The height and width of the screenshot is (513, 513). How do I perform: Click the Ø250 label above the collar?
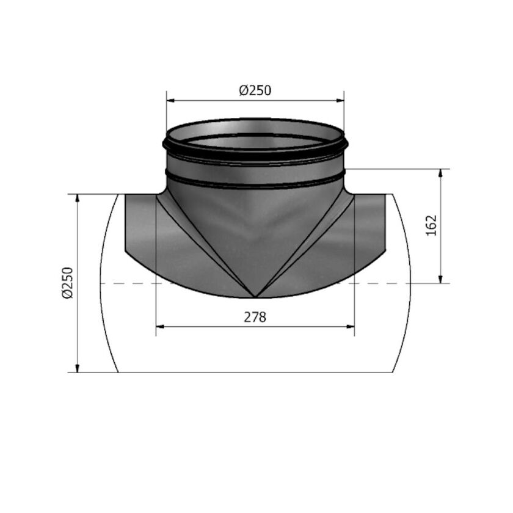coord(255,90)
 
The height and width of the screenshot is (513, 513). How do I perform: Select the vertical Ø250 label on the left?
coord(67,282)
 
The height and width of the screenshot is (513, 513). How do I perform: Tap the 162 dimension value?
coord(432,226)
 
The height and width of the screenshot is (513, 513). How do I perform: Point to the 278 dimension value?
coord(255,317)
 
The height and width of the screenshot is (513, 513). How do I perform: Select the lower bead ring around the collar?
coord(255,181)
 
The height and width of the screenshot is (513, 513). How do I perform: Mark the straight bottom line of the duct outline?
coord(255,372)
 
